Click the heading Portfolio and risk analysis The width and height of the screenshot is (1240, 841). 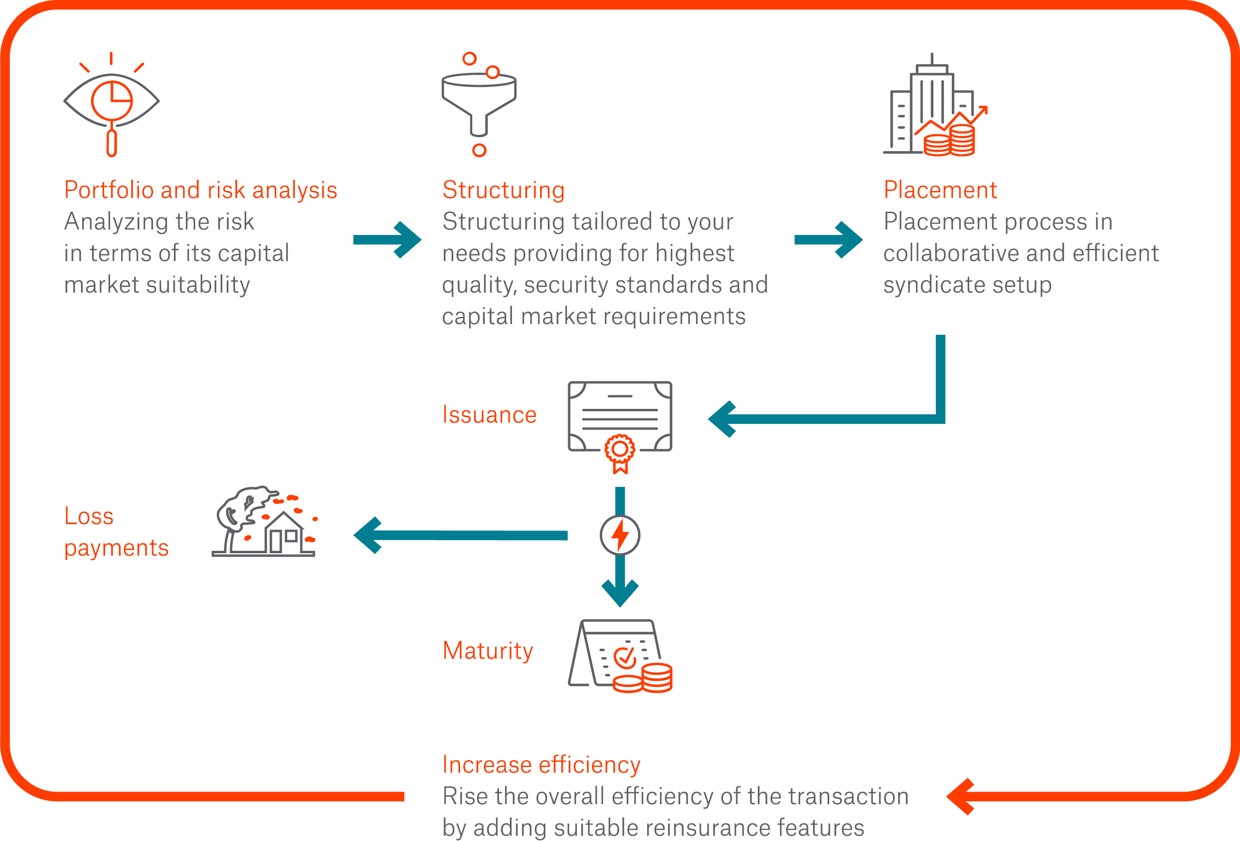pos(201,190)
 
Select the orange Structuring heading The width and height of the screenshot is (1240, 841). pos(503,190)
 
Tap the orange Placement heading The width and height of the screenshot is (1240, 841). pos(940,190)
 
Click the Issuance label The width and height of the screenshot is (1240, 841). pos(489,415)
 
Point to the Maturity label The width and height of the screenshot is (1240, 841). pos(488,651)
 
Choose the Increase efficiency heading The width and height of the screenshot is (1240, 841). pos(541,764)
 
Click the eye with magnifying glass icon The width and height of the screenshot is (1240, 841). pos(111,104)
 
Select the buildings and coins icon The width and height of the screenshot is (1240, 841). pos(935,107)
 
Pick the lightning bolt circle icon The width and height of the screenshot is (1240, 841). pos(620,535)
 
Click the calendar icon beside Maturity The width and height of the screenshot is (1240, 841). pos(620,656)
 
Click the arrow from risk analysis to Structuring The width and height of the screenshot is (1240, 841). pos(387,240)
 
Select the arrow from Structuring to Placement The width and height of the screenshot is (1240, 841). pos(828,240)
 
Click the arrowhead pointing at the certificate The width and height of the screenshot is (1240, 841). pos(724,420)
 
